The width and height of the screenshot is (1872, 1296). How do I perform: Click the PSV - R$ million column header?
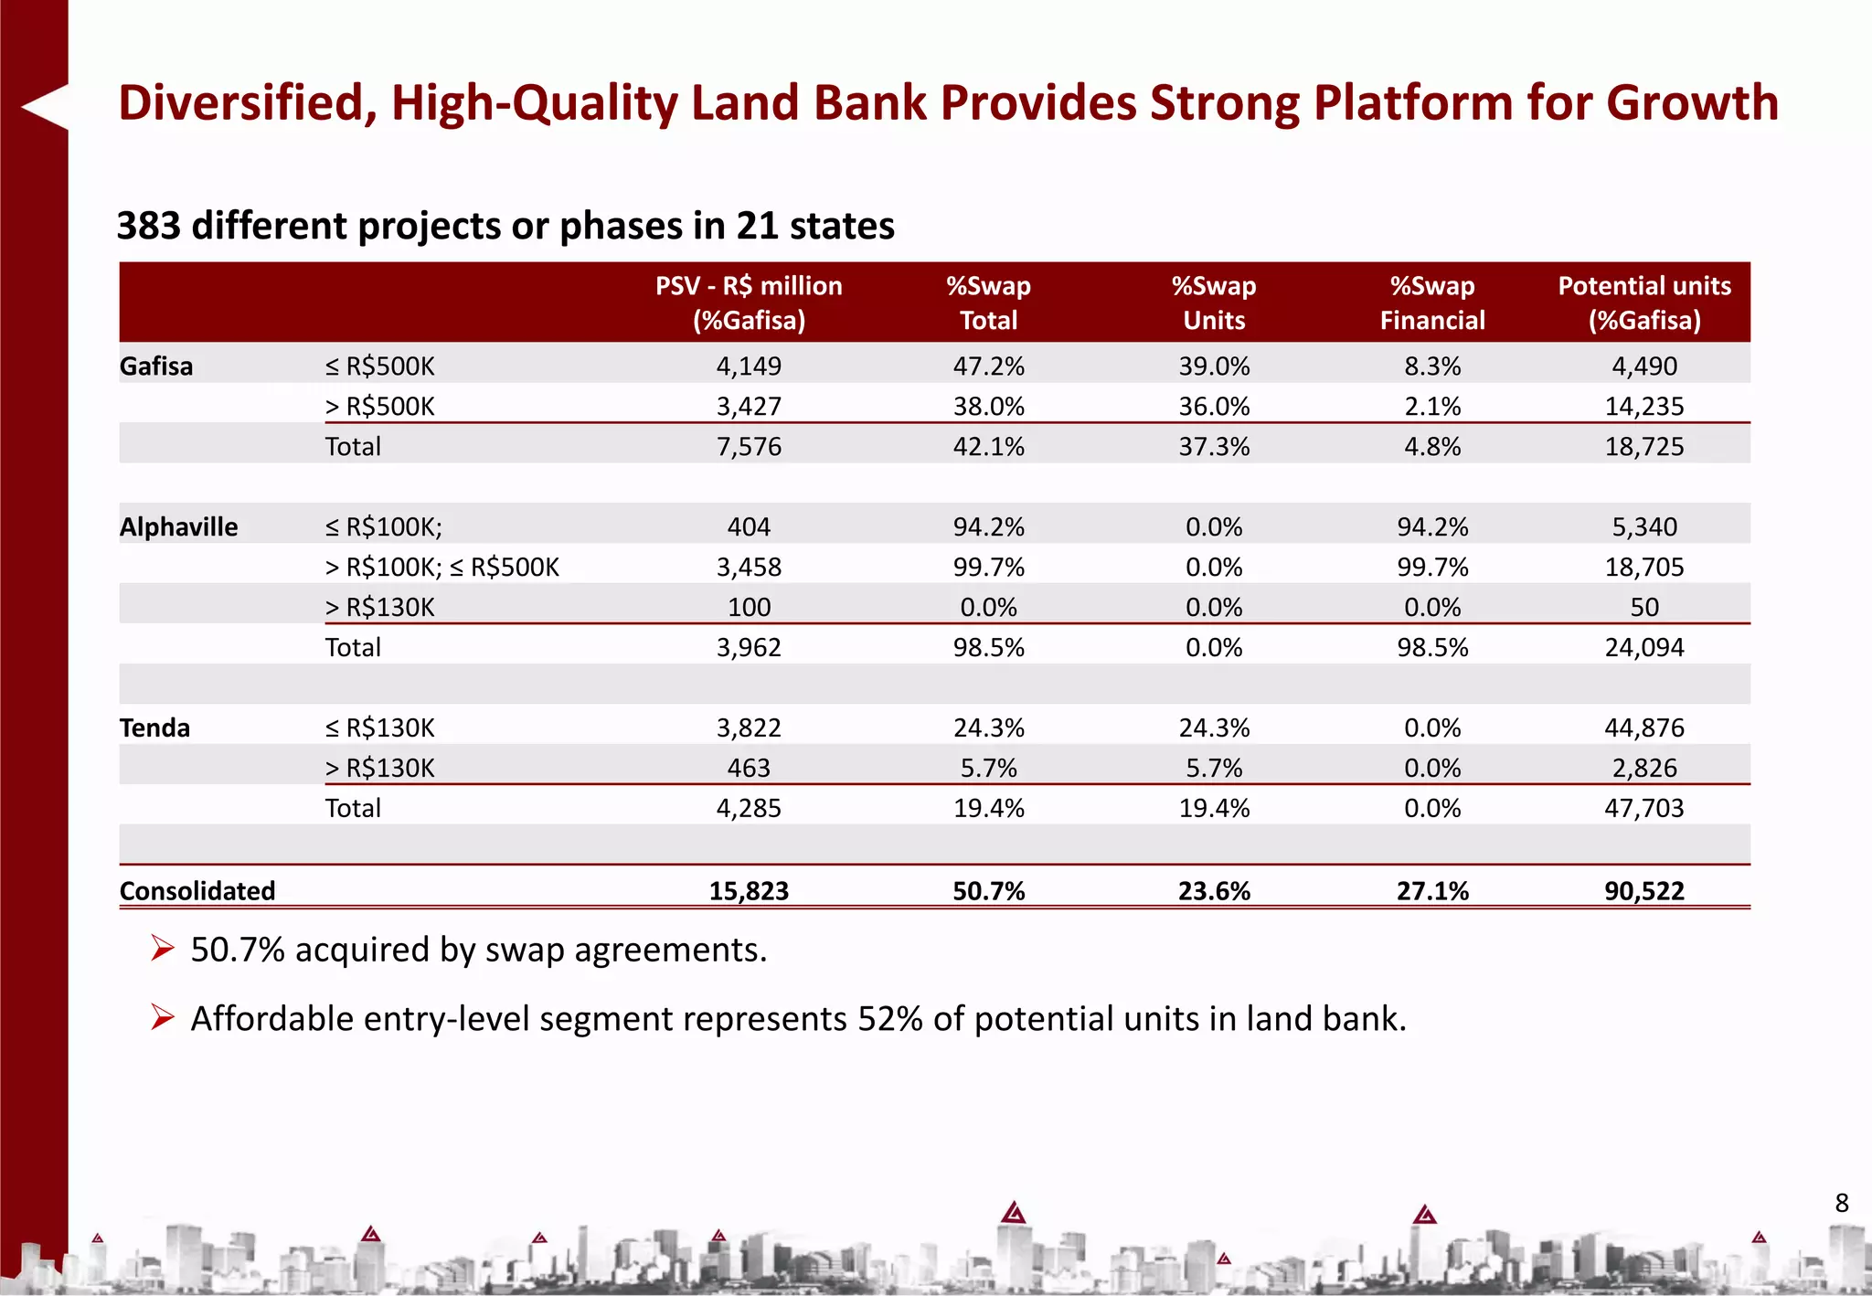[749, 303]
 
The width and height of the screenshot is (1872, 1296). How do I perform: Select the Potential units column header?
[1644, 303]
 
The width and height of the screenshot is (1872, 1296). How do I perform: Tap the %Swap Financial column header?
[1432, 303]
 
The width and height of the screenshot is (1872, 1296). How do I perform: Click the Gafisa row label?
[156, 366]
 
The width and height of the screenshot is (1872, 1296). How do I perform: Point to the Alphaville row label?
[179, 527]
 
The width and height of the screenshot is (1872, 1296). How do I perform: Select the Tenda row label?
[155, 728]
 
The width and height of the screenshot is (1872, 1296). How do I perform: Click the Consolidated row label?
[197, 891]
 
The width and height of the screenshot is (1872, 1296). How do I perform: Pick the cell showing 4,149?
[749, 366]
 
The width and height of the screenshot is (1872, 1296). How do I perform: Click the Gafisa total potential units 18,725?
[1644, 447]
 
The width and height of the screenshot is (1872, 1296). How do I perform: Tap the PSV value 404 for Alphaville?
[749, 527]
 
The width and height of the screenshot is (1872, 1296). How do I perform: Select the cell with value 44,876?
[1644, 728]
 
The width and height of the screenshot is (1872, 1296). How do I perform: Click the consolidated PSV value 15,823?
[749, 891]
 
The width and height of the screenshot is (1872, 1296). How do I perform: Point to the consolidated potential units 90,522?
[1644, 891]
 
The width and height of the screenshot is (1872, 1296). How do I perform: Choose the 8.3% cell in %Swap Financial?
[1432, 366]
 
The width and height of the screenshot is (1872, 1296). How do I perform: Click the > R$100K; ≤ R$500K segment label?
[442, 568]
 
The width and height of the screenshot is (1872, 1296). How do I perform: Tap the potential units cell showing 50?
[1644, 608]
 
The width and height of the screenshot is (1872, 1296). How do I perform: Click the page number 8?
[1842, 1203]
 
